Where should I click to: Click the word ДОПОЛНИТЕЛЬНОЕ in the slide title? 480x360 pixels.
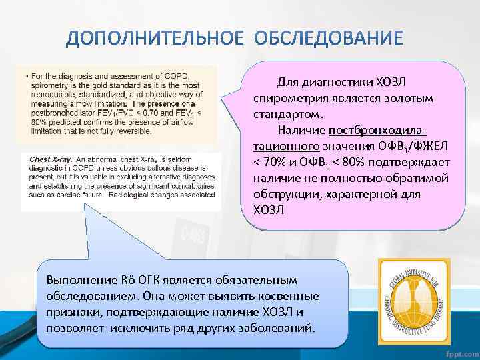[155, 38]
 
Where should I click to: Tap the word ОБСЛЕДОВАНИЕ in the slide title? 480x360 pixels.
[329, 38]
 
